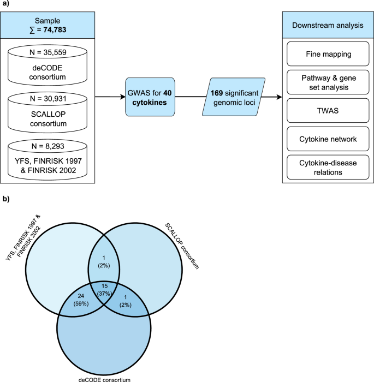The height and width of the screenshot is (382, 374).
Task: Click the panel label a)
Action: (5, 5)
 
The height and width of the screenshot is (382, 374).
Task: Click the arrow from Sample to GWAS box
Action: (109, 98)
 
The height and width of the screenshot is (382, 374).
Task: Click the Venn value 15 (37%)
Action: (105, 289)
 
